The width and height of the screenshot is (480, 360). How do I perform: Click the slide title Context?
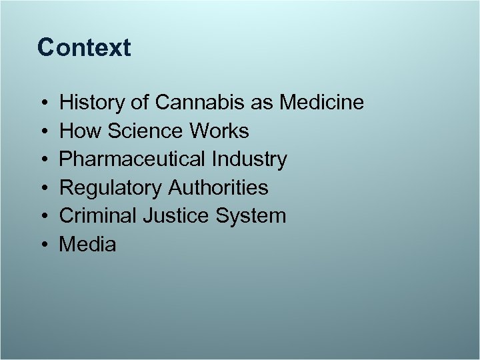click(x=84, y=47)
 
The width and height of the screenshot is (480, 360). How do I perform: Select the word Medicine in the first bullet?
click(x=322, y=103)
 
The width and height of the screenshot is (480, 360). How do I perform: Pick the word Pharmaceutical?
click(x=134, y=159)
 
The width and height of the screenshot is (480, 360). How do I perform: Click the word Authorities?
click(x=218, y=188)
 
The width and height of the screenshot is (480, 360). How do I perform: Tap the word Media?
click(x=87, y=245)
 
